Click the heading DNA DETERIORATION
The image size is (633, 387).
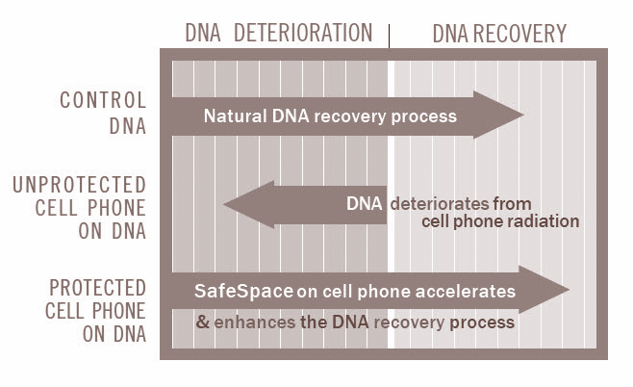click(278, 33)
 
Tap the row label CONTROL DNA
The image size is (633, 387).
click(104, 112)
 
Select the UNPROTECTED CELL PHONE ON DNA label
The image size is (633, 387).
click(99, 206)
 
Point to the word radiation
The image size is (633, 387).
click(544, 221)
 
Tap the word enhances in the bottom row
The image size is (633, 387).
click(255, 322)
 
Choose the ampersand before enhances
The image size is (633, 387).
click(203, 322)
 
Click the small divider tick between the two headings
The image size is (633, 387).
click(390, 37)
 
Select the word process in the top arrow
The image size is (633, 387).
click(426, 116)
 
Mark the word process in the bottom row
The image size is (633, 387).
click(484, 322)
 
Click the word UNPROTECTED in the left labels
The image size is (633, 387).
click(100, 184)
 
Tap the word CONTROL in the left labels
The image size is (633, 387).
click(104, 100)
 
